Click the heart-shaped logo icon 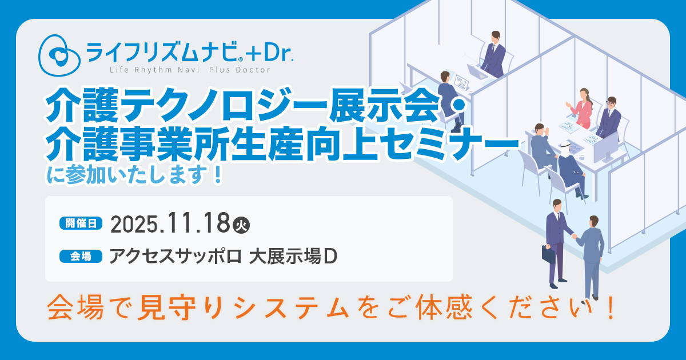point(59,55)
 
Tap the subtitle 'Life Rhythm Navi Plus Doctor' point(190,70)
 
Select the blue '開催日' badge point(81,223)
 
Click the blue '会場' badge point(81,256)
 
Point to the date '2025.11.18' point(170,223)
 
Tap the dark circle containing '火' point(241,226)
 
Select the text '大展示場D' point(293,257)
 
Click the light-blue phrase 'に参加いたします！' point(135,176)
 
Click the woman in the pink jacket point(581,109)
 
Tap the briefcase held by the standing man point(548,255)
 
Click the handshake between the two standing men point(574,236)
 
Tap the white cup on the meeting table point(581,157)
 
